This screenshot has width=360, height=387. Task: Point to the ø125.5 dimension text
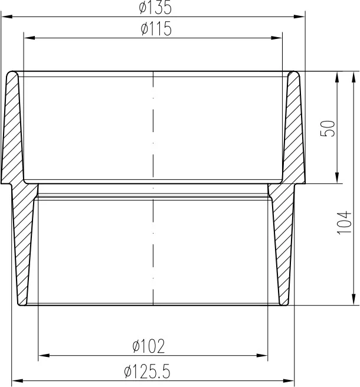147,372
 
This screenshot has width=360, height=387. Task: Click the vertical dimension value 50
329,129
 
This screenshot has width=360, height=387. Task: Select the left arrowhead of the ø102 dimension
42,355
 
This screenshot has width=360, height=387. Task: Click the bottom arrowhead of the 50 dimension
337,179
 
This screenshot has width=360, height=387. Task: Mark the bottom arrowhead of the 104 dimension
353,300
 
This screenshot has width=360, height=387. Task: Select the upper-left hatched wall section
13,130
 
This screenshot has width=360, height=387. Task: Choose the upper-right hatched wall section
293,130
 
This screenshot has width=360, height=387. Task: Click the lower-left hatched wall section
25,248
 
